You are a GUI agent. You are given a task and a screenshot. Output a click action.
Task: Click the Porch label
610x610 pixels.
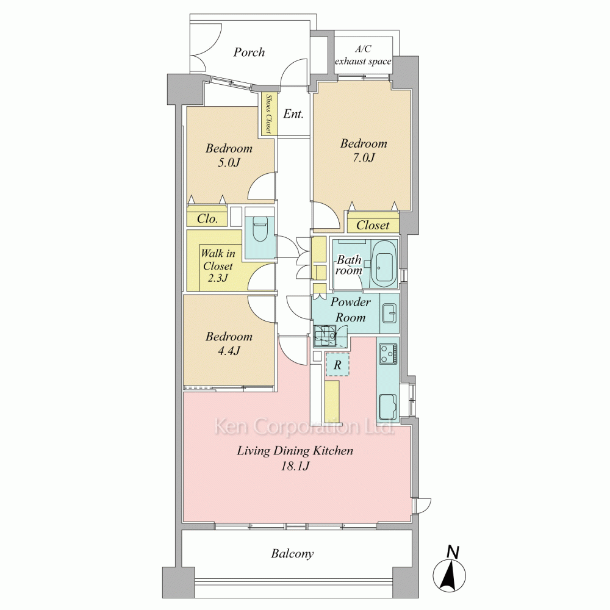pos(249,52)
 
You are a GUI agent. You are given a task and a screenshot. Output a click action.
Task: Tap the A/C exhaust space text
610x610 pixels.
pos(363,56)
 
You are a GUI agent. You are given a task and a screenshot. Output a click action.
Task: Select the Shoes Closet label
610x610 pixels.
pos(268,113)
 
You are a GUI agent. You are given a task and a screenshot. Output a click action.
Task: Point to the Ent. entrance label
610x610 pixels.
pos(293,114)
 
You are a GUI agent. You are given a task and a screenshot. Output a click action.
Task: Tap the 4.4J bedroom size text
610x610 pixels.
pos(229,351)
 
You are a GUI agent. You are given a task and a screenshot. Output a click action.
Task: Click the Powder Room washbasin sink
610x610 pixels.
pos(389,313)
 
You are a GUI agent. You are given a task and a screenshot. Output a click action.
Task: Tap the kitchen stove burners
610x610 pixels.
pos(388,354)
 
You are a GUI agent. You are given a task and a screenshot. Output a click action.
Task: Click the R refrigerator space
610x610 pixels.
pos(337,365)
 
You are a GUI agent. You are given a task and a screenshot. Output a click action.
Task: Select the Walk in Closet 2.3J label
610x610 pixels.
pos(218,266)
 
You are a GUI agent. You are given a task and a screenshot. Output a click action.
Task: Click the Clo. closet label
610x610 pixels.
pos(207,218)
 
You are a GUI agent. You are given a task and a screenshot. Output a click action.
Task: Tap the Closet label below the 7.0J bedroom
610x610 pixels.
pos(373,225)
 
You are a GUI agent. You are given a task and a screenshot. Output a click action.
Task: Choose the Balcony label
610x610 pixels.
pos(292,554)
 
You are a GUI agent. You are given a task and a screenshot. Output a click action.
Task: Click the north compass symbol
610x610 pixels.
pos(450,571)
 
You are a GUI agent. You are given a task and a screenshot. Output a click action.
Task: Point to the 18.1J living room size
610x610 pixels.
pos(295,465)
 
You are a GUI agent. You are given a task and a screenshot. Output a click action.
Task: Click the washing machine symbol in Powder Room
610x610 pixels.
pos(325,335)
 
